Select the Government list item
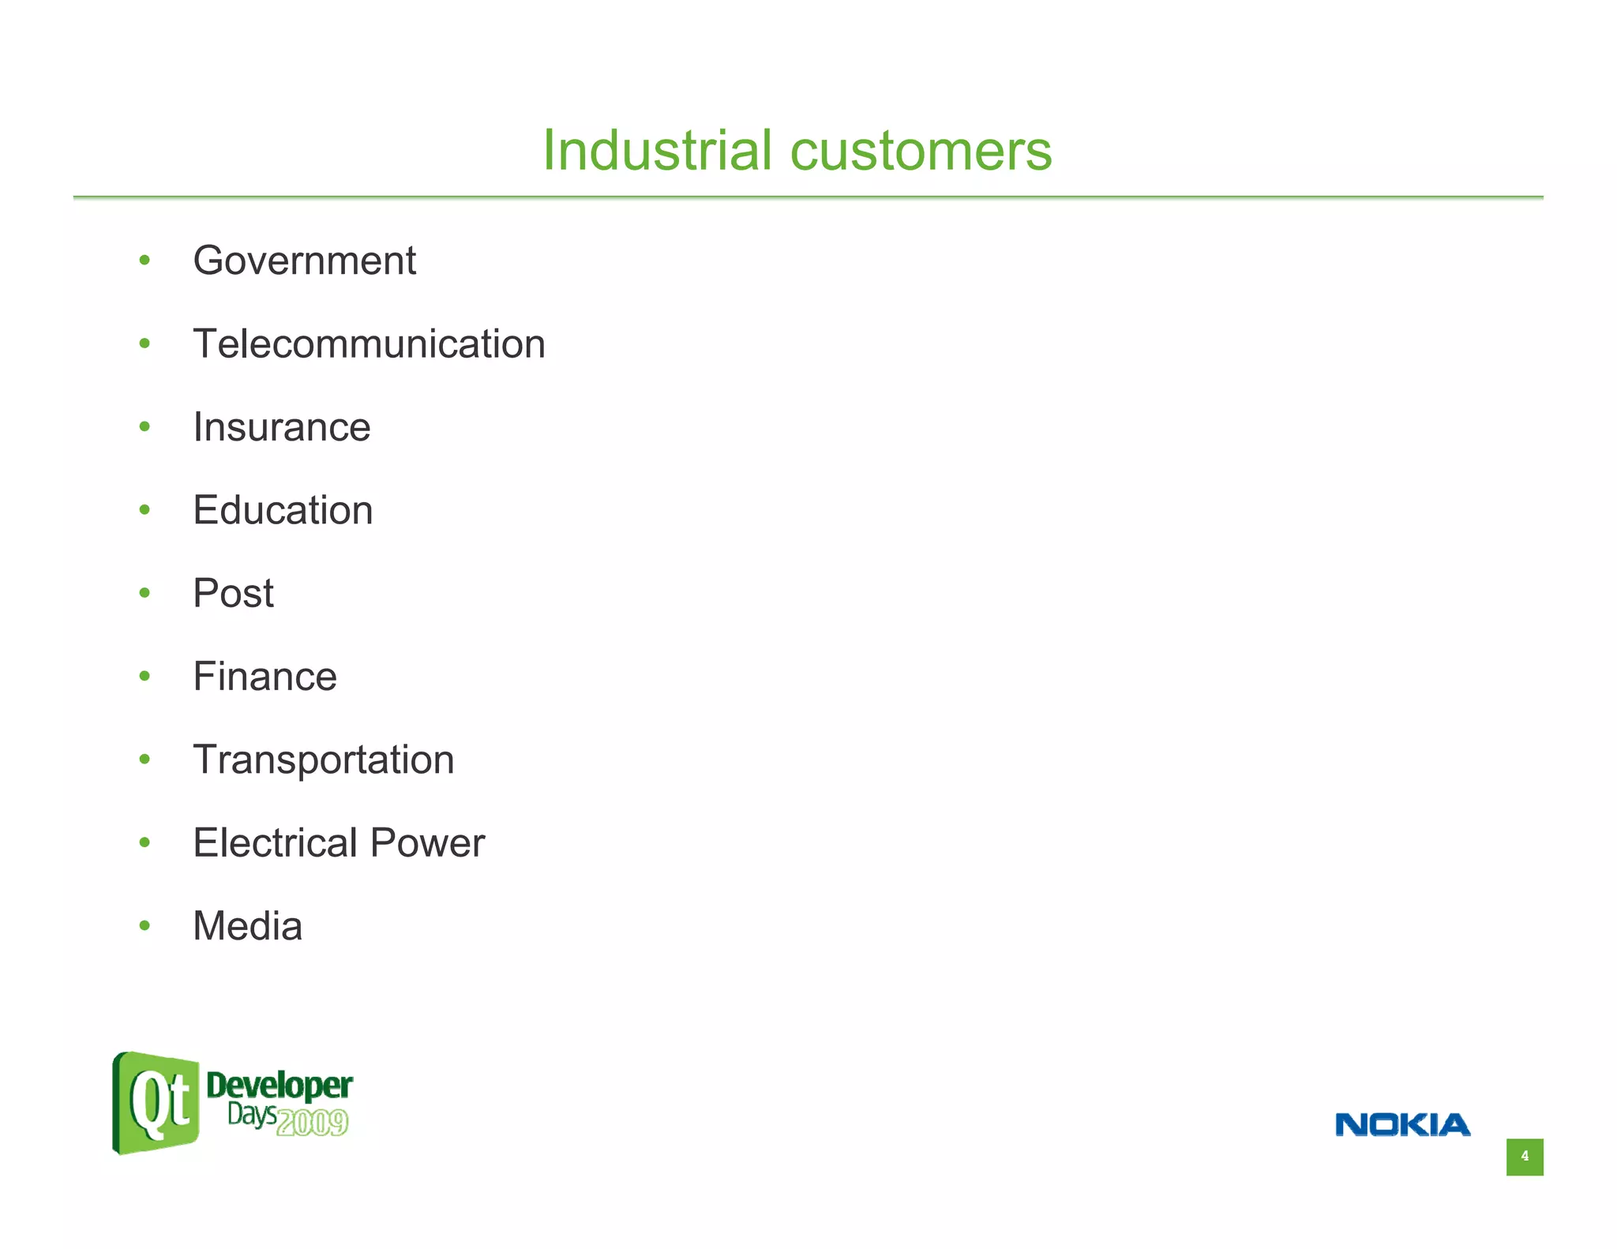(304, 261)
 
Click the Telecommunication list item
(369, 344)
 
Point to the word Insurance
(281, 427)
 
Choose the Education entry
(283, 510)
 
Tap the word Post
(233, 593)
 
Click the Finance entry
(264, 677)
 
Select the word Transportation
(323, 760)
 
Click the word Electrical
(276, 842)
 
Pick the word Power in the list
(427, 842)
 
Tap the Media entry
(247, 926)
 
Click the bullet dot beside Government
(144, 261)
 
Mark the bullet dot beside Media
(144, 925)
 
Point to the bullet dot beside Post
(144, 593)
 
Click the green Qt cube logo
(156, 1102)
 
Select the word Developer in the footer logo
(279, 1087)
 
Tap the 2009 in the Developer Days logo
(313, 1123)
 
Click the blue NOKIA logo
(1402, 1125)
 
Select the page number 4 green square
(1524, 1157)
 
